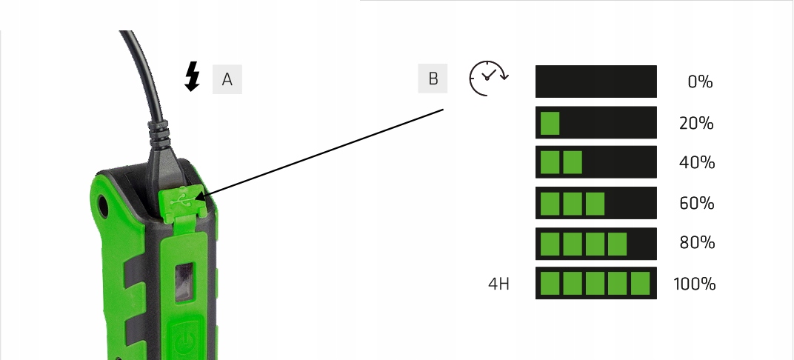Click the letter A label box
click(x=227, y=79)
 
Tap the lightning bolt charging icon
click(x=193, y=76)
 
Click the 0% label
click(x=700, y=82)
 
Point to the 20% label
click(x=696, y=123)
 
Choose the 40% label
click(x=696, y=163)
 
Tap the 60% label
click(x=696, y=203)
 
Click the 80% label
click(x=696, y=243)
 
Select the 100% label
click(x=694, y=284)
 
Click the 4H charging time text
click(x=499, y=284)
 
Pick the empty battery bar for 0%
click(x=596, y=81)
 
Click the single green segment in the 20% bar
click(x=550, y=123)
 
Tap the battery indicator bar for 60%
click(x=596, y=203)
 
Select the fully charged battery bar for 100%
click(x=596, y=284)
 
